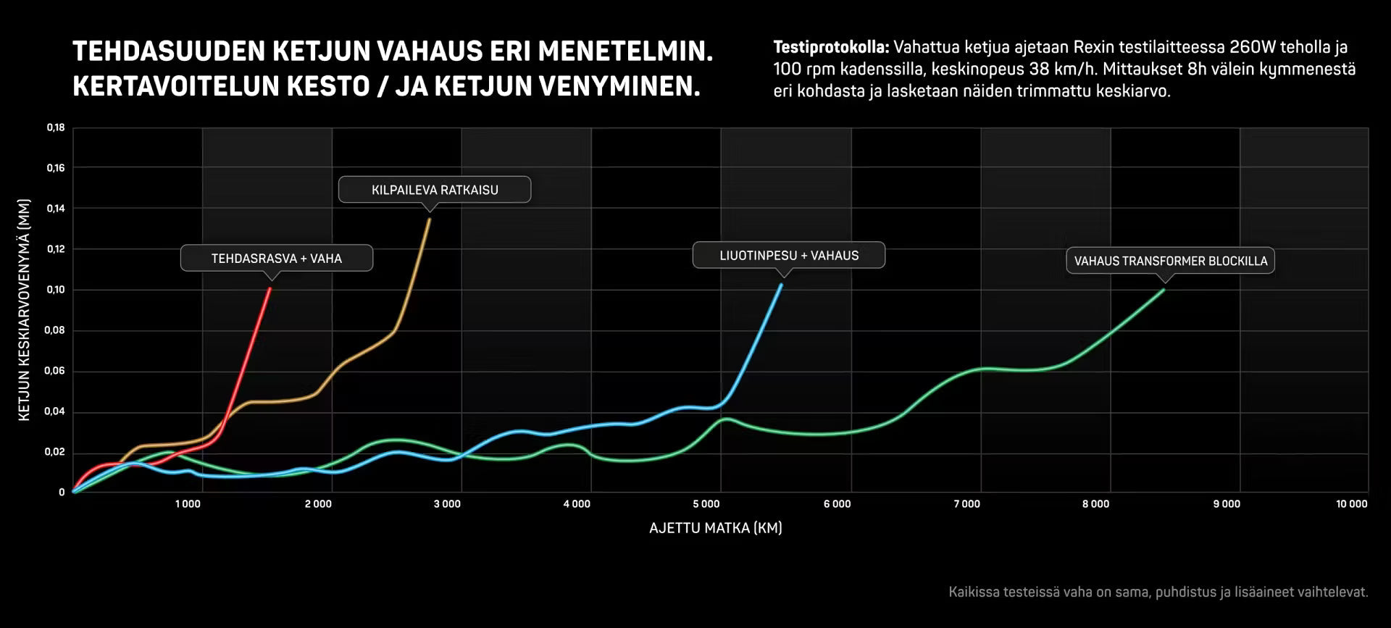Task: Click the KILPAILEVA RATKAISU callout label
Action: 435,190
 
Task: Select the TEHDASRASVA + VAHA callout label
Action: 277,258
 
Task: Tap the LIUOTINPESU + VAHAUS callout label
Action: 789,255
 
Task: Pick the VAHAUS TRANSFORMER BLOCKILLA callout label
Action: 1170,261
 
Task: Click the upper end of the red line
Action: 270,288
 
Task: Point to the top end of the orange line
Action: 430,219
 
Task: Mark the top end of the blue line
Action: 781,285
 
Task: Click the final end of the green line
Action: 1164,290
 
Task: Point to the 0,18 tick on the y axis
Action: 56,127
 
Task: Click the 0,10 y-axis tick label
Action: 56,290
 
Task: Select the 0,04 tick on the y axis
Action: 56,411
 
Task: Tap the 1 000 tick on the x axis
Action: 188,504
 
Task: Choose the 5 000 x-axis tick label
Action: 706,504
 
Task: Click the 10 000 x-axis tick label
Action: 1352,504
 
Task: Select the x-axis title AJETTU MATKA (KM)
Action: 716,528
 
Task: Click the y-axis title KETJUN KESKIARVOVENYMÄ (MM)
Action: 24,310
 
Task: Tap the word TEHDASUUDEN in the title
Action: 169,51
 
